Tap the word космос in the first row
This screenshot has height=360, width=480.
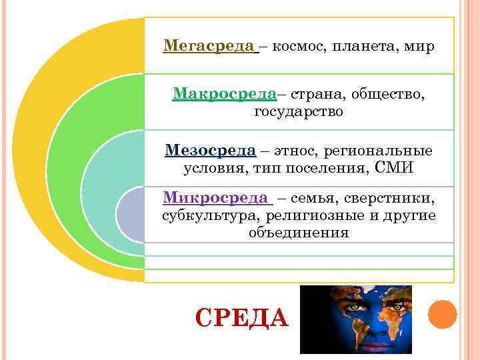297,47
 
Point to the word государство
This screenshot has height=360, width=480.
299,111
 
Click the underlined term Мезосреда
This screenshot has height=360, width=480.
210,150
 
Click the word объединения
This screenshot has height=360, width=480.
299,233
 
